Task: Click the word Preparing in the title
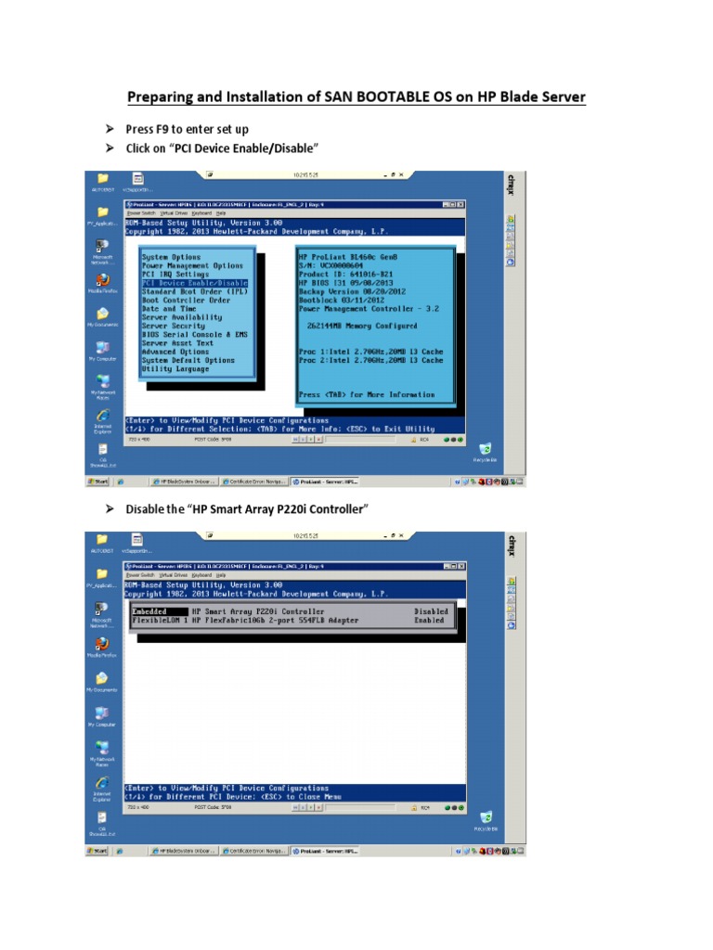coord(161,96)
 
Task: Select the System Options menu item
coord(171,257)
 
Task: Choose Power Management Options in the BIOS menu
coord(192,265)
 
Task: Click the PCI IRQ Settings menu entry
coord(175,275)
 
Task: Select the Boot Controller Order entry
coord(186,301)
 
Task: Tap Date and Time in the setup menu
coord(169,309)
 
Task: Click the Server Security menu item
coord(174,326)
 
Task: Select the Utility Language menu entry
coord(175,369)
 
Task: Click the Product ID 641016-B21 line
coord(344,275)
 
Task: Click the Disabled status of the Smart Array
coord(431,611)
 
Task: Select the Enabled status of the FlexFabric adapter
coord(431,620)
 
